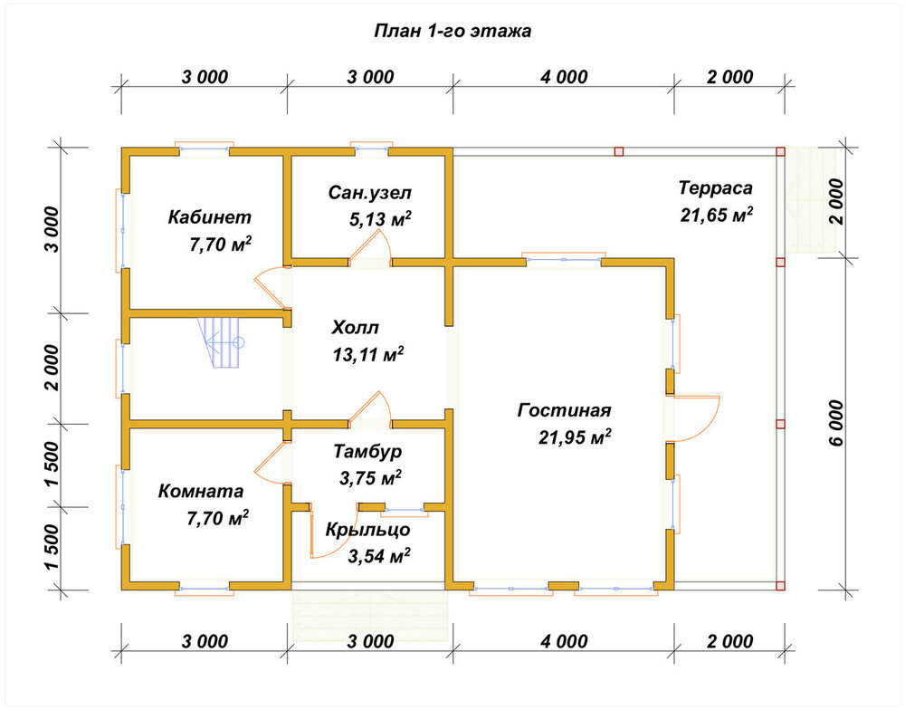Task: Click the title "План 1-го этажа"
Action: pyautogui.click(x=452, y=31)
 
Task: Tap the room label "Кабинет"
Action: pyautogui.click(x=210, y=217)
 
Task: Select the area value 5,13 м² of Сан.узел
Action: pyautogui.click(x=380, y=219)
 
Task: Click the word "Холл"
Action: pyautogui.click(x=355, y=328)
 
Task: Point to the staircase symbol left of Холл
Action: pyautogui.click(x=220, y=342)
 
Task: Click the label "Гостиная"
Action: pyautogui.click(x=564, y=410)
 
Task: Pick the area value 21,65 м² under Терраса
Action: pyautogui.click(x=716, y=216)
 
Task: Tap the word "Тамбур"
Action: pyautogui.click(x=367, y=451)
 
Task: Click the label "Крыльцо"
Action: pyautogui.click(x=367, y=530)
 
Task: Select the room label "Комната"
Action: pyautogui.click(x=201, y=492)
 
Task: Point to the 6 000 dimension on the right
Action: pyautogui.click(x=836, y=424)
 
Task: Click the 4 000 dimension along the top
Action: pyautogui.click(x=564, y=77)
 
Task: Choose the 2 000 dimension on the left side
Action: pyautogui.click(x=52, y=368)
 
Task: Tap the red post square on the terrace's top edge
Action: pyautogui.click(x=619, y=152)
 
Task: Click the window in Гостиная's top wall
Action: pyautogui.click(x=563, y=260)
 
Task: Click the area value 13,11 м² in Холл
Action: pyautogui.click(x=367, y=355)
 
